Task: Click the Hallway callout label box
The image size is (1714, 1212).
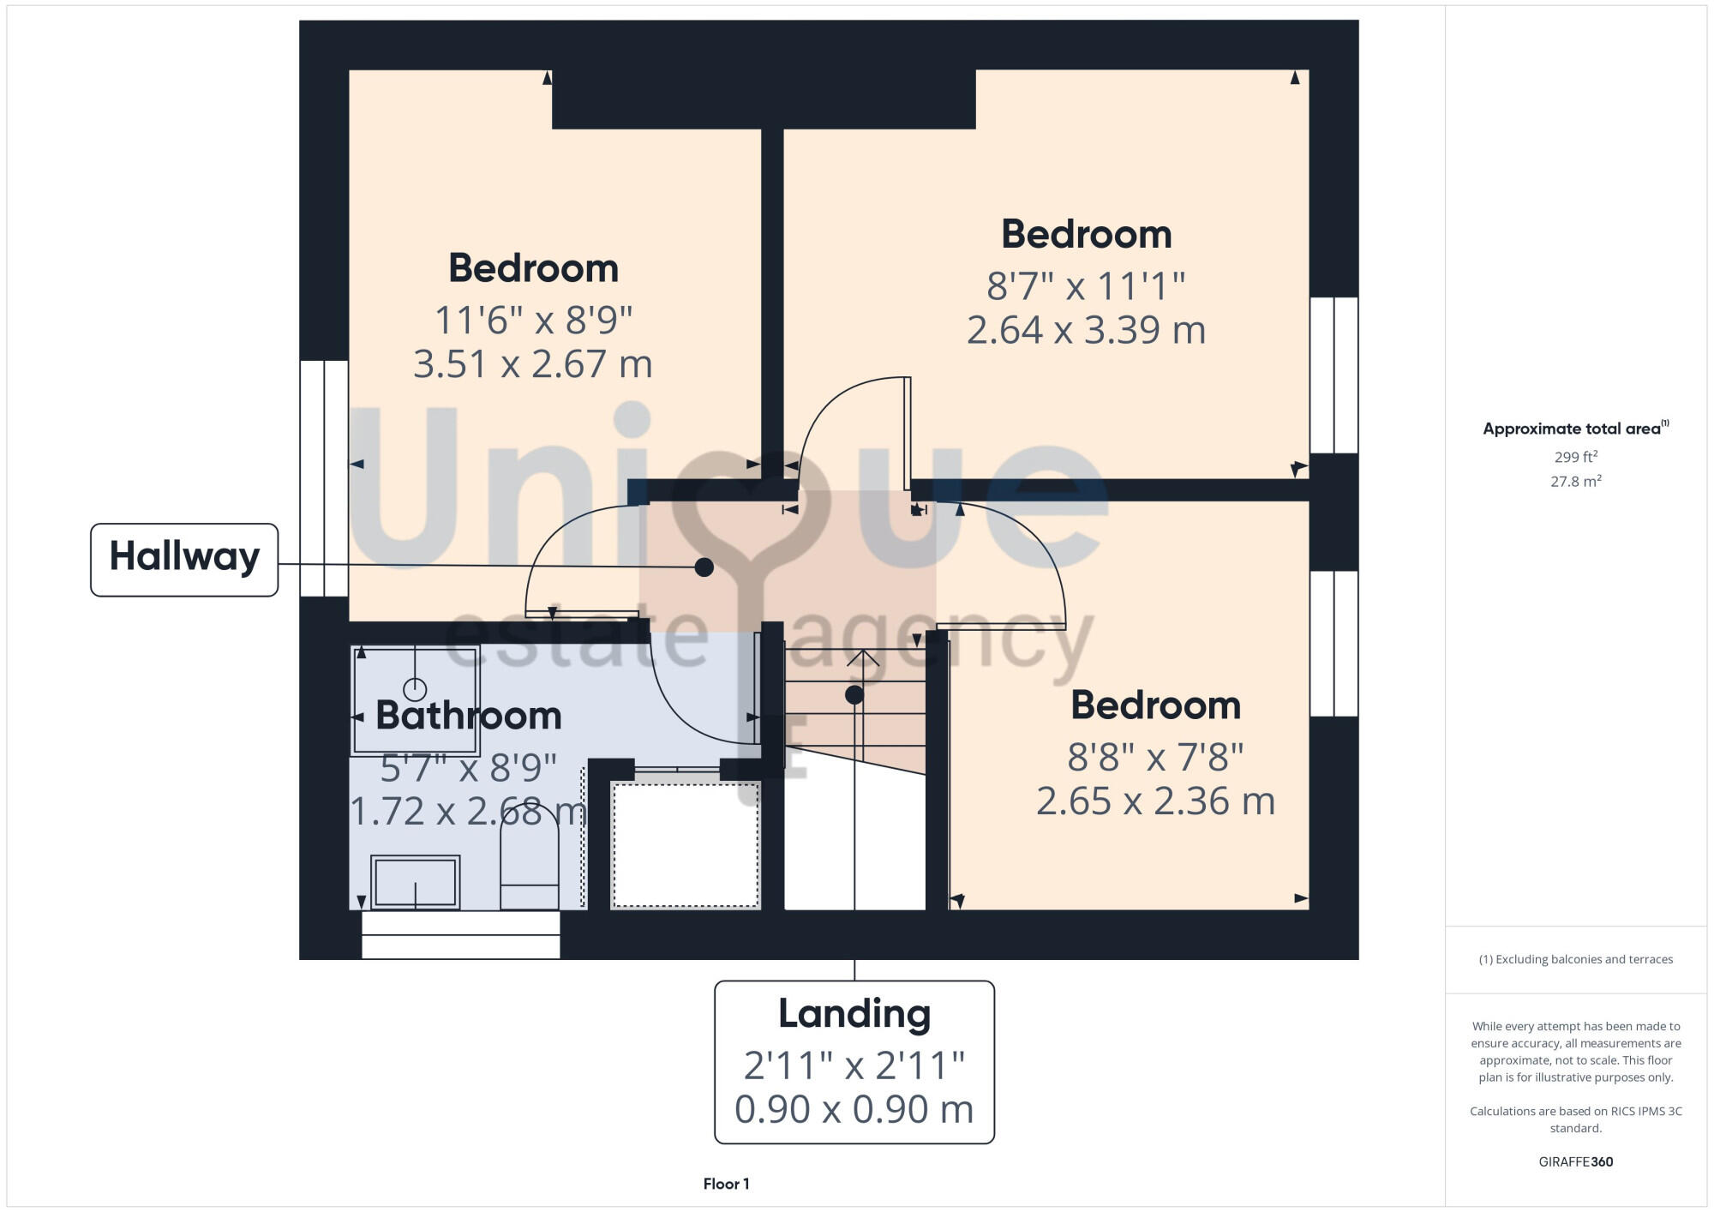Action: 184,559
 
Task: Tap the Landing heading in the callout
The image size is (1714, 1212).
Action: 854,1014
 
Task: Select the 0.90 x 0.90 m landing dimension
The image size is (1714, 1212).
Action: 854,1109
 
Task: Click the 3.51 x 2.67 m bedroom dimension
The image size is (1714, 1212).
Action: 532,364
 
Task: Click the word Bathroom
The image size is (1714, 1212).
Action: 468,716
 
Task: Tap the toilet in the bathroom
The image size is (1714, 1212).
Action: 529,866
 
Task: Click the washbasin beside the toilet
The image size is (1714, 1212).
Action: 415,880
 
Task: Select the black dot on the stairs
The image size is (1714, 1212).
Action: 854,695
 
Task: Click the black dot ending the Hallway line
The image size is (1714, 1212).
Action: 704,567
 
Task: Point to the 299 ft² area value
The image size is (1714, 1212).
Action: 1575,457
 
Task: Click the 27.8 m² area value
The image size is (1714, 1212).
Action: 1575,481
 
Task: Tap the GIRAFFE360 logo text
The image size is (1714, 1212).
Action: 1575,1161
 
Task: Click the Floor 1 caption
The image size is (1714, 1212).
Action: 726,1184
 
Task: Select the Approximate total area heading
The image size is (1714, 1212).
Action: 1574,429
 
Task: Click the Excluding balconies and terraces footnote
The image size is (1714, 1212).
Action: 1575,959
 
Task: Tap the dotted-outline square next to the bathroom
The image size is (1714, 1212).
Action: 685,844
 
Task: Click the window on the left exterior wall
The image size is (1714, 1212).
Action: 324,477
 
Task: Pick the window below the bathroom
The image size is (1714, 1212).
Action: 460,934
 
